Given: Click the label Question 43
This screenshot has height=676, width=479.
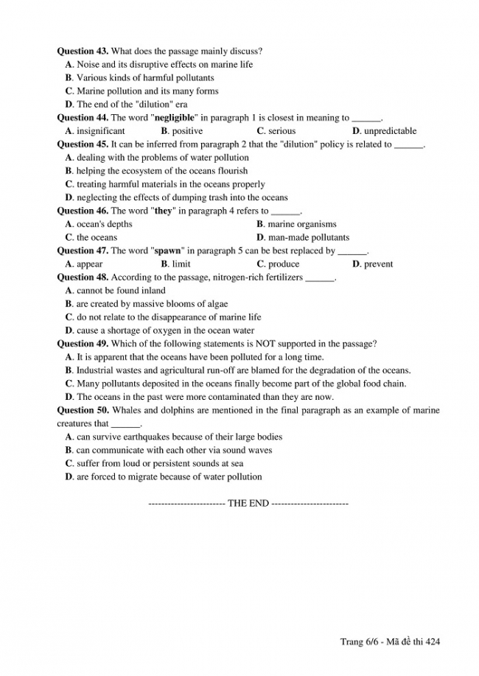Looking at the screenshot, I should click(83, 51).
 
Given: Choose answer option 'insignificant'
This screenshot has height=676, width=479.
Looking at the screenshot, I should click(100, 131).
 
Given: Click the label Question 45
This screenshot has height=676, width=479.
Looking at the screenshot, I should click(83, 144).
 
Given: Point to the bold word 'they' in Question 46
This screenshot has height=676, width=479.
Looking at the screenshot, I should click(163, 211).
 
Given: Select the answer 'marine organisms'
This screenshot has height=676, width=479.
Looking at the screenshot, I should click(301, 224).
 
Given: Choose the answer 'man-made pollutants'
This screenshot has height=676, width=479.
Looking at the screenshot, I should click(308, 237).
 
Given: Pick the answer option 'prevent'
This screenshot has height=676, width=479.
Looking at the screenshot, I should click(378, 264).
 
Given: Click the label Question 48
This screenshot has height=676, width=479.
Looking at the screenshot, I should click(83, 277).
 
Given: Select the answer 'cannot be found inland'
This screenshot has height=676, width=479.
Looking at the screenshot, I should click(121, 290).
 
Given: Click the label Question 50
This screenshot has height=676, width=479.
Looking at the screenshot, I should click(83, 410).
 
